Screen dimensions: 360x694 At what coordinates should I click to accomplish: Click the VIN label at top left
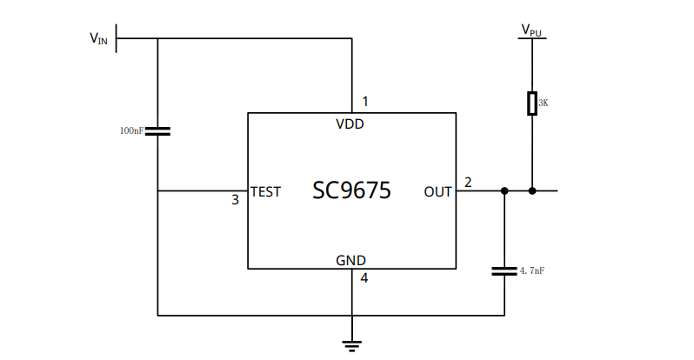click(98, 38)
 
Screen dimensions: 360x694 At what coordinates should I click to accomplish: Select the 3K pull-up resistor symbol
click(532, 103)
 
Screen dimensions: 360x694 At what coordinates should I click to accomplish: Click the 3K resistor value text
click(544, 103)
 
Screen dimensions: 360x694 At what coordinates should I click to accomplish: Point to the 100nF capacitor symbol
click(157, 130)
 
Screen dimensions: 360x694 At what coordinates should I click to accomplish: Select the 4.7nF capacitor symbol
click(504, 270)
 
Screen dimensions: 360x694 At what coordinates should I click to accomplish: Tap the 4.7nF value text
click(532, 271)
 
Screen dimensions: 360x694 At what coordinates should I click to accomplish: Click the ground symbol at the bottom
click(352, 345)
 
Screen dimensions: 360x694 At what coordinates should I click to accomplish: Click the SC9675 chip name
click(351, 190)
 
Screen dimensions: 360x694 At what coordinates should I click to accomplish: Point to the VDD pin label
click(350, 123)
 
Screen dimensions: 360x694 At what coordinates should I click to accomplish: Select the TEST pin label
click(265, 191)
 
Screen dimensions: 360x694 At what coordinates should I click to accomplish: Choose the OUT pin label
click(437, 191)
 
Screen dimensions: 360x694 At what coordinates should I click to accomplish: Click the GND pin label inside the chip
click(350, 260)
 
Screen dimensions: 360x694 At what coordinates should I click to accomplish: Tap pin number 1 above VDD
click(365, 102)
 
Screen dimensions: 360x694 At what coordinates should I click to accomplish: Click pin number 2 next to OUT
click(468, 183)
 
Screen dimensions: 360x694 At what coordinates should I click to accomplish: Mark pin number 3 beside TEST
click(235, 200)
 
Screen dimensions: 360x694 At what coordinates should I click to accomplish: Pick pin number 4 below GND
click(364, 278)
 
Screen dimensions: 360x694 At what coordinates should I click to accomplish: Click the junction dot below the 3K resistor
click(532, 190)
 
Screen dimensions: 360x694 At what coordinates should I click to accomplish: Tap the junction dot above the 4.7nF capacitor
click(504, 190)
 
